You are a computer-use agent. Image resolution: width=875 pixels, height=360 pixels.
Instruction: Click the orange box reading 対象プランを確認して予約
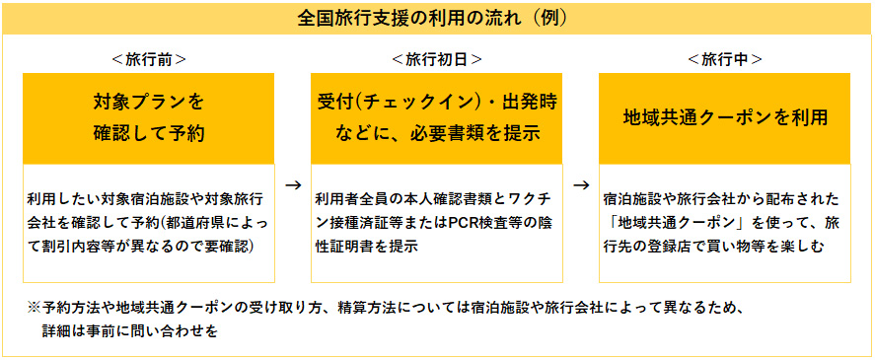[x=149, y=117]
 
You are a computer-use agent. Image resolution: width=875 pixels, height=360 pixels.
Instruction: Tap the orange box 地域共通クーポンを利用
[x=725, y=117]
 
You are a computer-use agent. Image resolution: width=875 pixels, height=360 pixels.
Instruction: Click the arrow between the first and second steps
[x=292, y=183]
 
